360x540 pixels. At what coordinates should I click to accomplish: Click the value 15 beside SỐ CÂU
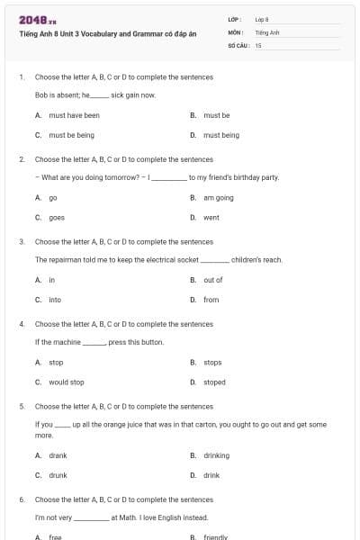(258, 43)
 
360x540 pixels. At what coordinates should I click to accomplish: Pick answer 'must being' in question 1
(220, 135)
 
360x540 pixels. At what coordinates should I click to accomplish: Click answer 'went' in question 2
(211, 217)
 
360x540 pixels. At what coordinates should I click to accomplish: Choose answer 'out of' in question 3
(212, 280)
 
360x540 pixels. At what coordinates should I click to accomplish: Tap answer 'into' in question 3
(55, 300)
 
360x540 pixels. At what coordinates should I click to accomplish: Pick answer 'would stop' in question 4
(67, 382)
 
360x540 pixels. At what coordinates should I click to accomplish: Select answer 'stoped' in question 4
(214, 382)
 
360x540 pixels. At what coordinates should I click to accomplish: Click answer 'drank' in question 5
(58, 455)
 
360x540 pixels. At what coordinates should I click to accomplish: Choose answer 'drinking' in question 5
(216, 455)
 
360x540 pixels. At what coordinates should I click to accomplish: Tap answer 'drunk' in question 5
(58, 475)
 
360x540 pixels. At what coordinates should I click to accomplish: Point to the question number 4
(22, 323)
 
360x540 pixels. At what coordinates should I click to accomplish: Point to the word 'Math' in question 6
(127, 517)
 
